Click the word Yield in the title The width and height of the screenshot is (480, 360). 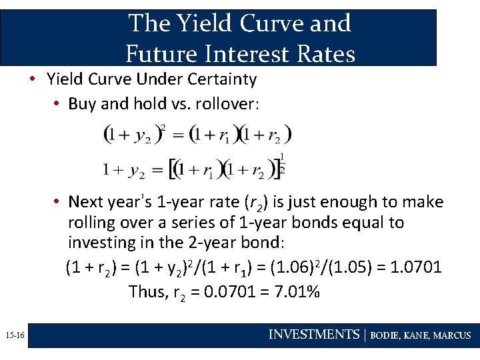[x=201, y=23]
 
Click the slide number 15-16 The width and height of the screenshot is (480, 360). [x=13, y=335]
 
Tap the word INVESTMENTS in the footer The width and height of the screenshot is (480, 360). [x=313, y=335]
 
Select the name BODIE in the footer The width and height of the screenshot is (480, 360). [x=385, y=335]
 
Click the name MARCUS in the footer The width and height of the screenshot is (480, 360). [x=452, y=335]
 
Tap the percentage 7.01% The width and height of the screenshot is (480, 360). [x=295, y=291]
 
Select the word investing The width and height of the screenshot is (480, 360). [x=99, y=243]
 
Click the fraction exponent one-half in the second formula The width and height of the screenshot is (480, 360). [x=282, y=163]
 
